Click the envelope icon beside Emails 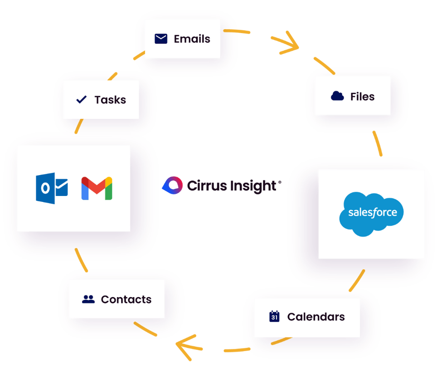[x=161, y=39]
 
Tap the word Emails [x=192, y=39]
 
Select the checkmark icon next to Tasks [x=82, y=99]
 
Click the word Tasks [x=110, y=100]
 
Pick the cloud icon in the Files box [x=337, y=96]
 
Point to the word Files [x=362, y=97]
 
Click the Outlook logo [x=52, y=188]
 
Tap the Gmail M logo [x=97, y=188]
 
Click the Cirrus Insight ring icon [x=172, y=185]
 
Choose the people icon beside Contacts [x=88, y=299]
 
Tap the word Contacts [x=126, y=299]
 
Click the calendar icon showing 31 [x=274, y=317]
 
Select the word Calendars [x=316, y=317]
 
